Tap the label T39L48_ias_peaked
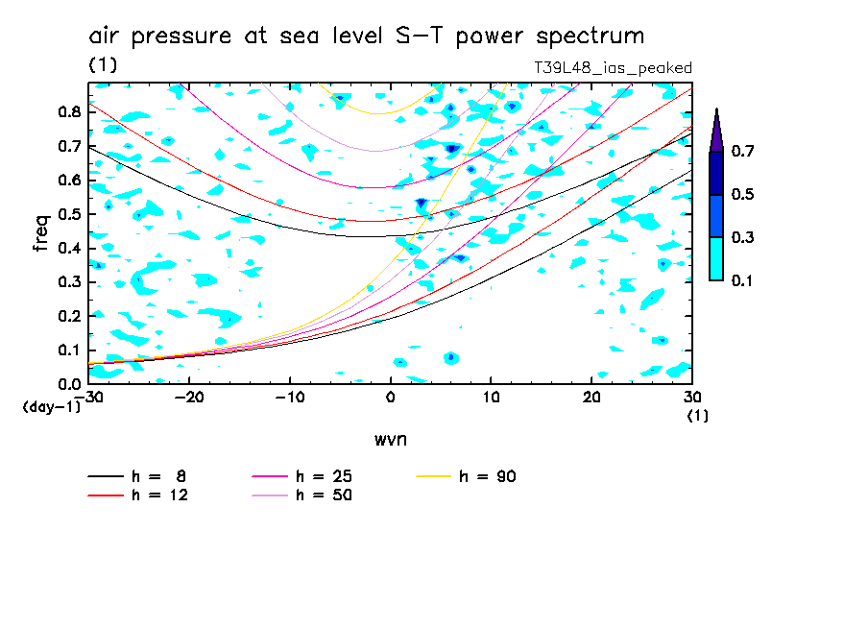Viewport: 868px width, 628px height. pyautogui.click(x=613, y=68)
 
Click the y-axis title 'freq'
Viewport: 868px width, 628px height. pyautogui.click(x=40, y=233)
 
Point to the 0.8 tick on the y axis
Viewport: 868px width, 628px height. pyautogui.click(x=69, y=111)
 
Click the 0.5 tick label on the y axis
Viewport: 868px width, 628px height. pyautogui.click(x=69, y=213)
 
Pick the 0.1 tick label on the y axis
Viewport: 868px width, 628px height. pyautogui.click(x=69, y=350)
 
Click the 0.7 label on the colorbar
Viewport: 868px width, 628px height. pyautogui.click(x=742, y=152)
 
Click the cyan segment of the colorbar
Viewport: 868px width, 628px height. pyautogui.click(x=716, y=258)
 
